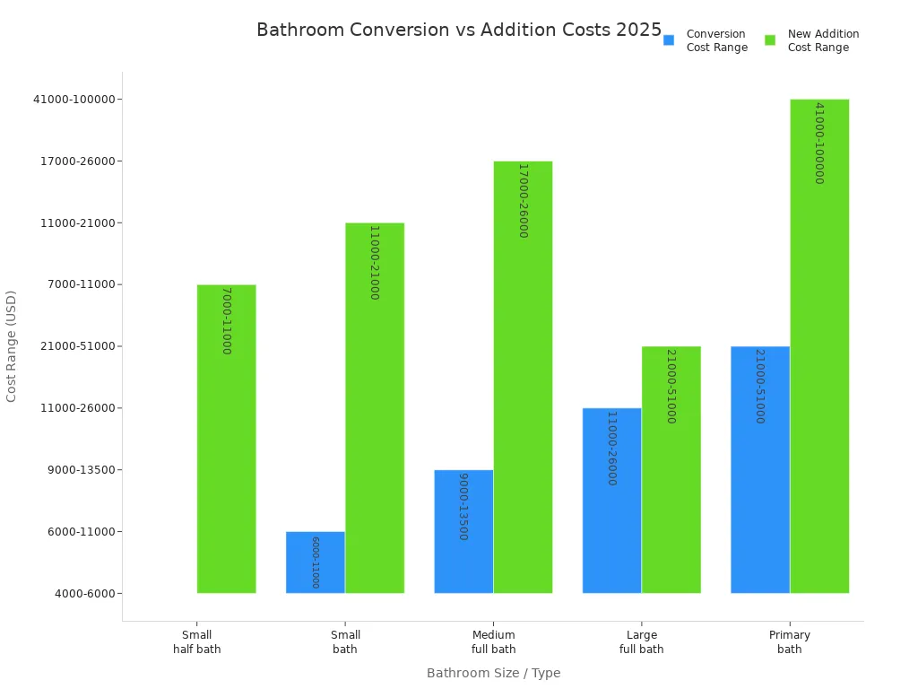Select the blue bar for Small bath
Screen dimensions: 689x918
(316, 563)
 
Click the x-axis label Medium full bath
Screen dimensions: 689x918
(493, 642)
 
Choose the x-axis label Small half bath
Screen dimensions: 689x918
(196, 642)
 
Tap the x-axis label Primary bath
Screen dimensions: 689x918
(790, 642)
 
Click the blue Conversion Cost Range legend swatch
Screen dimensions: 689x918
(669, 40)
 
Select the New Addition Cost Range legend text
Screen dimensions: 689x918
(823, 40)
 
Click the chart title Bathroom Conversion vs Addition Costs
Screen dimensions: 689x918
(458, 30)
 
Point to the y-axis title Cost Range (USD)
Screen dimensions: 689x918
(12, 345)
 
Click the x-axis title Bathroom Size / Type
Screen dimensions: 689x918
(493, 673)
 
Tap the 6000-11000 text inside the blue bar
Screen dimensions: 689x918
(316, 563)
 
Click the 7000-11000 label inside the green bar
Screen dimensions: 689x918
(226, 320)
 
